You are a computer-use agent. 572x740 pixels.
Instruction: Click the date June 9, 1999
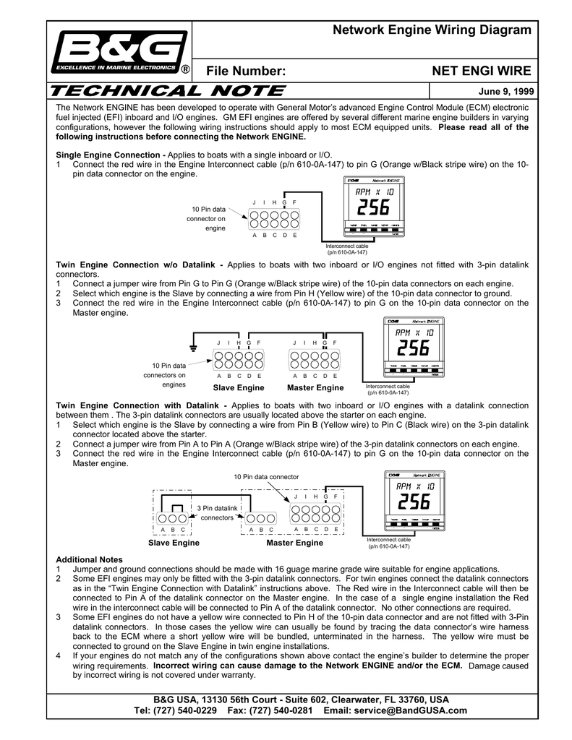[x=505, y=92]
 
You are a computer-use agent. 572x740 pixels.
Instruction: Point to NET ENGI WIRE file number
[x=481, y=70]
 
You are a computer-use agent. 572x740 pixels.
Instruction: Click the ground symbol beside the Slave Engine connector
[x=194, y=346]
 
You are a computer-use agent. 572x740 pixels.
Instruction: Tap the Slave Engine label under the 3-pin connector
[x=174, y=542]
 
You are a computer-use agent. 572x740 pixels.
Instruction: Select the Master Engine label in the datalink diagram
[x=295, y=542]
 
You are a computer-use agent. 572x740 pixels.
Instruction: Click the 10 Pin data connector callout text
[x=265, y=477]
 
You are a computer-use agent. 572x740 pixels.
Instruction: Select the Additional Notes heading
[x=90, y=559]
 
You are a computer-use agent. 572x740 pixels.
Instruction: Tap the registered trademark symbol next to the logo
[x=185, y=70]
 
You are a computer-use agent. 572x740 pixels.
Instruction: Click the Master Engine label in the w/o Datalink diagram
[x=315, y=388]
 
